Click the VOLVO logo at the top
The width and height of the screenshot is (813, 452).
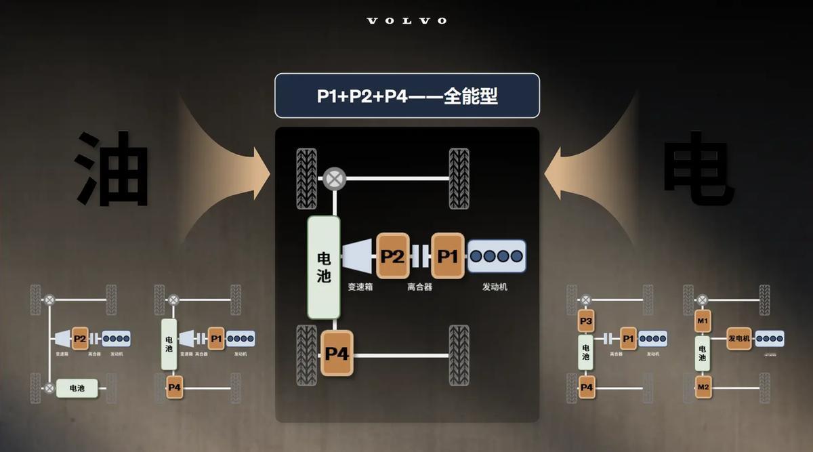coord(406,21)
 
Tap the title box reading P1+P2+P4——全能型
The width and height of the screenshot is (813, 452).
coord(406,96)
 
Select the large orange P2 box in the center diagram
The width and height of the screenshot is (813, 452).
coord(392,256)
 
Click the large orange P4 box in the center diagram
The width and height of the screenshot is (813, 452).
coord(337,352)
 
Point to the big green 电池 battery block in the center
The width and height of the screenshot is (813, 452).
coord(324,267)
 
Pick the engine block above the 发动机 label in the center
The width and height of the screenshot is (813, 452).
coord(497,256)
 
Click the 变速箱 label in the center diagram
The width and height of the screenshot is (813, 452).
coord(361,287)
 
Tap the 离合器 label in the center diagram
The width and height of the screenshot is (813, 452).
coord(420,287)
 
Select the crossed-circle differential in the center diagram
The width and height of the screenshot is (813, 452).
coord(334,179)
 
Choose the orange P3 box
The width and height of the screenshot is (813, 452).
coord(586,321)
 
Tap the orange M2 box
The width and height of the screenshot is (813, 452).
coord(703,388)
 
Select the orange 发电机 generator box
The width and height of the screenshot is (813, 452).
coord(739,338)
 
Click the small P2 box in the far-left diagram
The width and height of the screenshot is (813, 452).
coord(80,338)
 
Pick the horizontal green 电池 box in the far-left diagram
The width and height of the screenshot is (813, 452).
coord(77,388)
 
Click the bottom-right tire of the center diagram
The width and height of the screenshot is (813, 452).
coord(459,355)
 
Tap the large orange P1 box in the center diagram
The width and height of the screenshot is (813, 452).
coord(448,256)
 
